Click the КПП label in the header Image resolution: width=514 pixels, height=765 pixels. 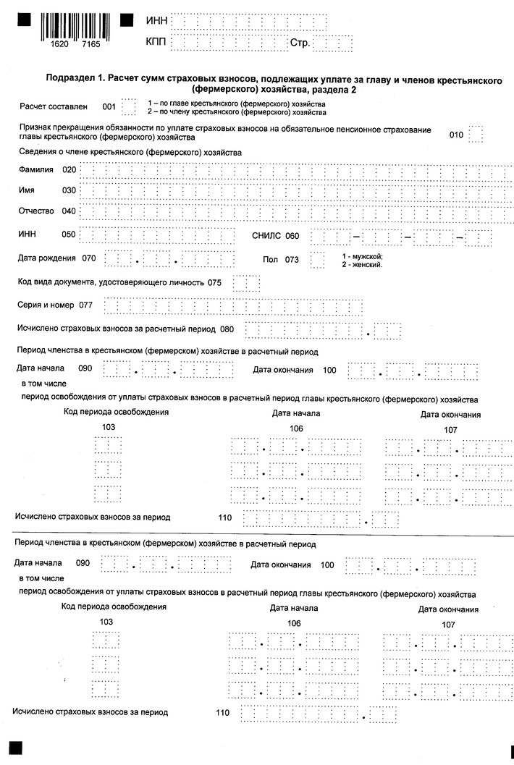156,43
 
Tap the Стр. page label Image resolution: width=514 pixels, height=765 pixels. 300,43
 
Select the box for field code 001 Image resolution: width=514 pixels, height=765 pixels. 129,107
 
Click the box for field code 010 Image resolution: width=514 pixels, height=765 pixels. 476,134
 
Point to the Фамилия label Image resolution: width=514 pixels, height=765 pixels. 35,170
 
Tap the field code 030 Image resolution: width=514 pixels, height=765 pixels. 69,190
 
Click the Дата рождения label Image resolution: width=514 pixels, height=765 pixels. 46,258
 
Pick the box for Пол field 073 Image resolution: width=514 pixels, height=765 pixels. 317,259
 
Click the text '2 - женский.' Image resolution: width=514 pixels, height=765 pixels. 362,265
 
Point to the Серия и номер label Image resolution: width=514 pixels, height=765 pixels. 46,305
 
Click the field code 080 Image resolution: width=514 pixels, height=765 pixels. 227,329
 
